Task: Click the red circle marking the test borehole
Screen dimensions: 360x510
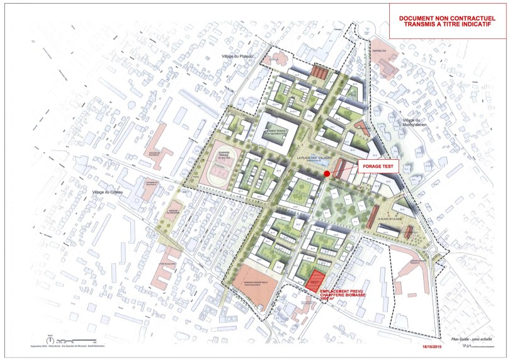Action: (x=327, y=174)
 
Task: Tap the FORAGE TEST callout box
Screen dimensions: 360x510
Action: (x=376, y=167)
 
